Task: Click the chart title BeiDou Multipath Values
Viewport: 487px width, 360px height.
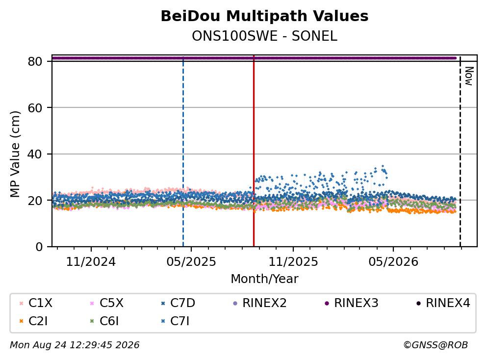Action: (264, 16)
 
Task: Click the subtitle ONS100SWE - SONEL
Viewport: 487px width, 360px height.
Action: (264, 36)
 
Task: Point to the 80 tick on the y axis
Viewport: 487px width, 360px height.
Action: (35, 61)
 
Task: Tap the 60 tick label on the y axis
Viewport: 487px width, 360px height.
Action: (35, 108)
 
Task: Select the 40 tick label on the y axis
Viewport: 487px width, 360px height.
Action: (35, 154)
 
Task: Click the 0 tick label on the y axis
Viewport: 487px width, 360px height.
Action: (39, 247)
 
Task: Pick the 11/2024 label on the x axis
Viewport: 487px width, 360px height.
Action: (91, 262)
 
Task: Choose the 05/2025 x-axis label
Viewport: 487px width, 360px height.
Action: (191, 262)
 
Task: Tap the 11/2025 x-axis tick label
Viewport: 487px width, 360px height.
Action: (293, 262)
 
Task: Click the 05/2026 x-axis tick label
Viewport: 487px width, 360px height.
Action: (393, 262)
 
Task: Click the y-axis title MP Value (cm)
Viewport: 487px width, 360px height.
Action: (15, 154)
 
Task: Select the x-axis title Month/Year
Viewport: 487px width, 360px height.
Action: (264, 279)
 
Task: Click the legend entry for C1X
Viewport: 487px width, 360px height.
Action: (36, 303)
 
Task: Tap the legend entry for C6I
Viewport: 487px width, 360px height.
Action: (104, 321)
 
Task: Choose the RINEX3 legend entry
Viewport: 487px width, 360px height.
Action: (351, 303)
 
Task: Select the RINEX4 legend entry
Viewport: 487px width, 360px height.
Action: (443, 303)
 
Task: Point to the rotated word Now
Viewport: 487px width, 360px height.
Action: (469, 76)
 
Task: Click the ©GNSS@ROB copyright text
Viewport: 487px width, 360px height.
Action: (436, 345)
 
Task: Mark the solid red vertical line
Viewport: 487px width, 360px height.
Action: (254, 151)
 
